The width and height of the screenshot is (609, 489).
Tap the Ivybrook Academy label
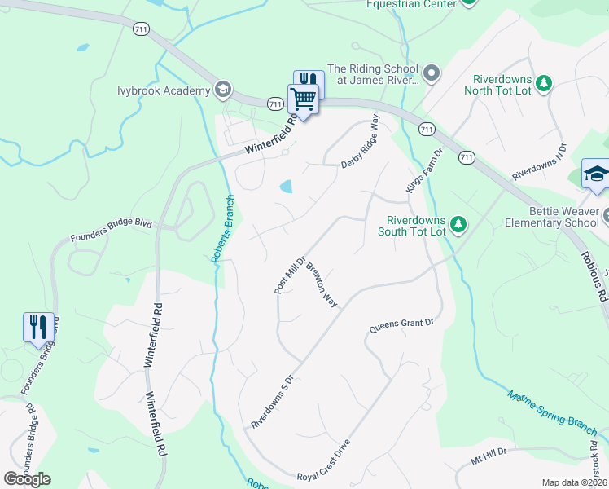click(x=163, y=90)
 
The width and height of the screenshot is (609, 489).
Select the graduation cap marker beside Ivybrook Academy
click(x=223, y=89)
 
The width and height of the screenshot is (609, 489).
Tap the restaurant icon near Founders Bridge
click(x=38, y=328)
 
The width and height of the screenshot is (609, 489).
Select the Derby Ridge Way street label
click(x=360, y=140)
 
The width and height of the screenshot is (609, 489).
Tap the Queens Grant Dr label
click(x=402, y=324)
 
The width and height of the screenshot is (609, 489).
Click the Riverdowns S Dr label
click(x=270, y=403)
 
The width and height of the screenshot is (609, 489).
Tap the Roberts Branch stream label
click(x=223, y=229)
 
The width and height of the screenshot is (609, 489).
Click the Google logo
click(x=27, y=479)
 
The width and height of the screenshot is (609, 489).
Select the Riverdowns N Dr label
click(x=538, y=165)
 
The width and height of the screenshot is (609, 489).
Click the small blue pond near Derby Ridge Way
click(x=285, y=187)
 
